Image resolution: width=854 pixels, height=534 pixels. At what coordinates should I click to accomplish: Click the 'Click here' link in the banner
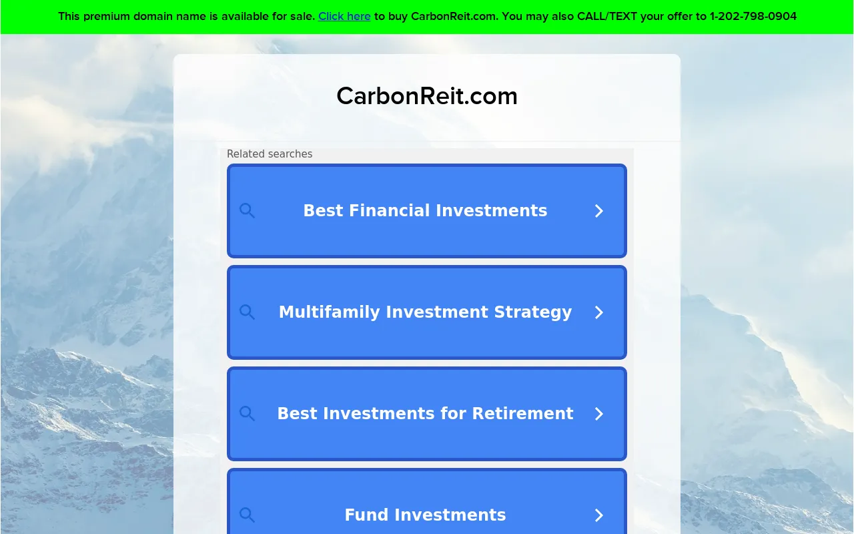click(x=344, y=17)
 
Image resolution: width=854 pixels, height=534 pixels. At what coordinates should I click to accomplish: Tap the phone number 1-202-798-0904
click(x=753, y=17)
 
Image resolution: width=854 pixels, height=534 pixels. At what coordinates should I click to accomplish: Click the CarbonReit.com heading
click(x=427, y=95)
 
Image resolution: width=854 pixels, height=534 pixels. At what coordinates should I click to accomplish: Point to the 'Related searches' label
click(x=270, y=154)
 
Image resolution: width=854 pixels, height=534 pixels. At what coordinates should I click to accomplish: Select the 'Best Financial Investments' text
click(x=425, y=210)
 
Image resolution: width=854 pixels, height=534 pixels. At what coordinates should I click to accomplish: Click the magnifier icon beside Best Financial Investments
click(x=247, y=210)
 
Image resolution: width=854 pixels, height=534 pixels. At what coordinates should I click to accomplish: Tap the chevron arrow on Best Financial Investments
click(x=599, y=211)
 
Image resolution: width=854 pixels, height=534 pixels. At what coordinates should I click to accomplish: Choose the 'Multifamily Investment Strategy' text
click(x=425, y=312)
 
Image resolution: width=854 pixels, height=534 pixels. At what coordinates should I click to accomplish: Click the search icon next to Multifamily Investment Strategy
click(x=247, y=312)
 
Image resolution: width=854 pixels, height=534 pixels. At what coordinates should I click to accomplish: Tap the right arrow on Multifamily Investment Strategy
click(x=599, y=312)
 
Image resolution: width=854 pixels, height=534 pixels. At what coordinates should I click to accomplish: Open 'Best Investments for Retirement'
click(x=425, y=413)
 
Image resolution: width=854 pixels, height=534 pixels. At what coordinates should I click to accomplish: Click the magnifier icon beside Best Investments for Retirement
click(x=247, y=413)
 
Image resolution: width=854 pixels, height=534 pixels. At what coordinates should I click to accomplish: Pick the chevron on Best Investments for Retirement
click(x=599, y=414)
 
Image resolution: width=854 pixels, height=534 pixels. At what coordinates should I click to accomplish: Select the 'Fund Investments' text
click(x=425, y=515)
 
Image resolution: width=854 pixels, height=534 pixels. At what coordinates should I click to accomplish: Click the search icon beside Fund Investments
click(x=247, y=515)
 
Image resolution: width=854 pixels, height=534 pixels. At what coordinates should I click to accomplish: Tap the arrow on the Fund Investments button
click(x=599, y=515)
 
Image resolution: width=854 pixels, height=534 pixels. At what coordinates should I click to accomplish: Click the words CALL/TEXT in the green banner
click(x=607, y=17)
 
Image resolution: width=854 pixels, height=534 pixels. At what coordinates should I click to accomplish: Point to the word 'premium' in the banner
click(x=107, y=17)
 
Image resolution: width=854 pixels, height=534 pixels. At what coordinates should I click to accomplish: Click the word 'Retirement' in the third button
click(x=522, y=413)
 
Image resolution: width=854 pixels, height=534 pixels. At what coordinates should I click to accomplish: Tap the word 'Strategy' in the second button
click(x=533, y=312)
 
